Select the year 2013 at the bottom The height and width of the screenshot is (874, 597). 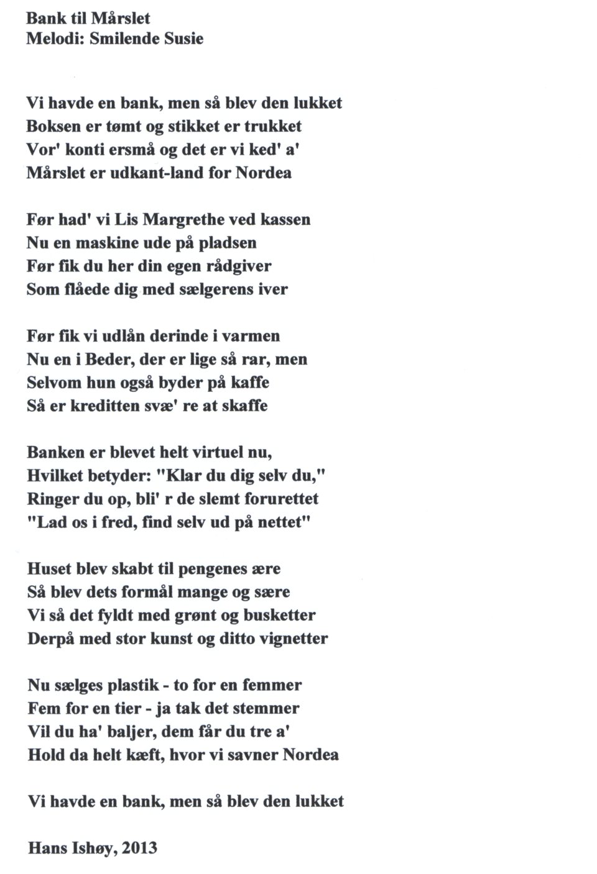coord(140,848)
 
